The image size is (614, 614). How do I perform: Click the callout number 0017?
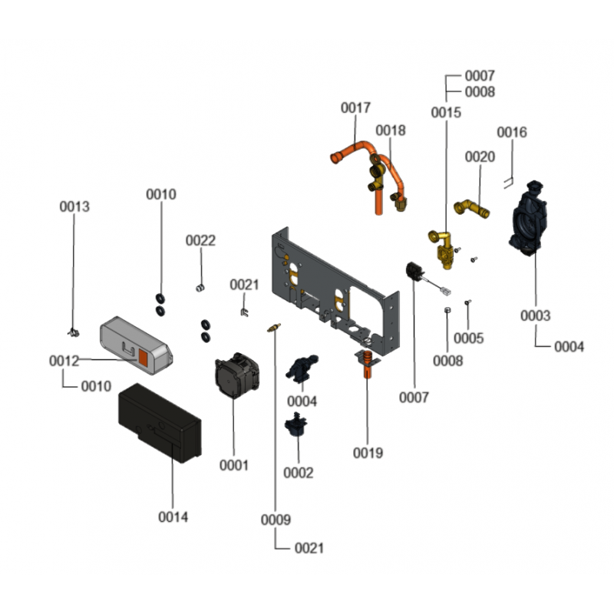click(356, 108)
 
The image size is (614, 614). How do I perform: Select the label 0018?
click(391, 130)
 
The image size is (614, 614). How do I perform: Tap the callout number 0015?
click(446, 113)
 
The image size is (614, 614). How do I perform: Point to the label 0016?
click(512, 132)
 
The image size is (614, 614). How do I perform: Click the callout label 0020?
click(480, 157)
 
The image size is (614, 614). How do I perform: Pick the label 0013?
click(74, 206)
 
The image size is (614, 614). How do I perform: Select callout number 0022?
click(201, 240)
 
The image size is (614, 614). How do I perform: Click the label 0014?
click(173, 517)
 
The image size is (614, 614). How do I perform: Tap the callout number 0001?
click(234, 465)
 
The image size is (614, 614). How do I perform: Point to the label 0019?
click(368, 453)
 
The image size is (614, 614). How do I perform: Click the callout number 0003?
click(535, 315)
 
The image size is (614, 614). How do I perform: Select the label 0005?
click(468, 338)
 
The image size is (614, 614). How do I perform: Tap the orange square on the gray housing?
click(144, 357)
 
